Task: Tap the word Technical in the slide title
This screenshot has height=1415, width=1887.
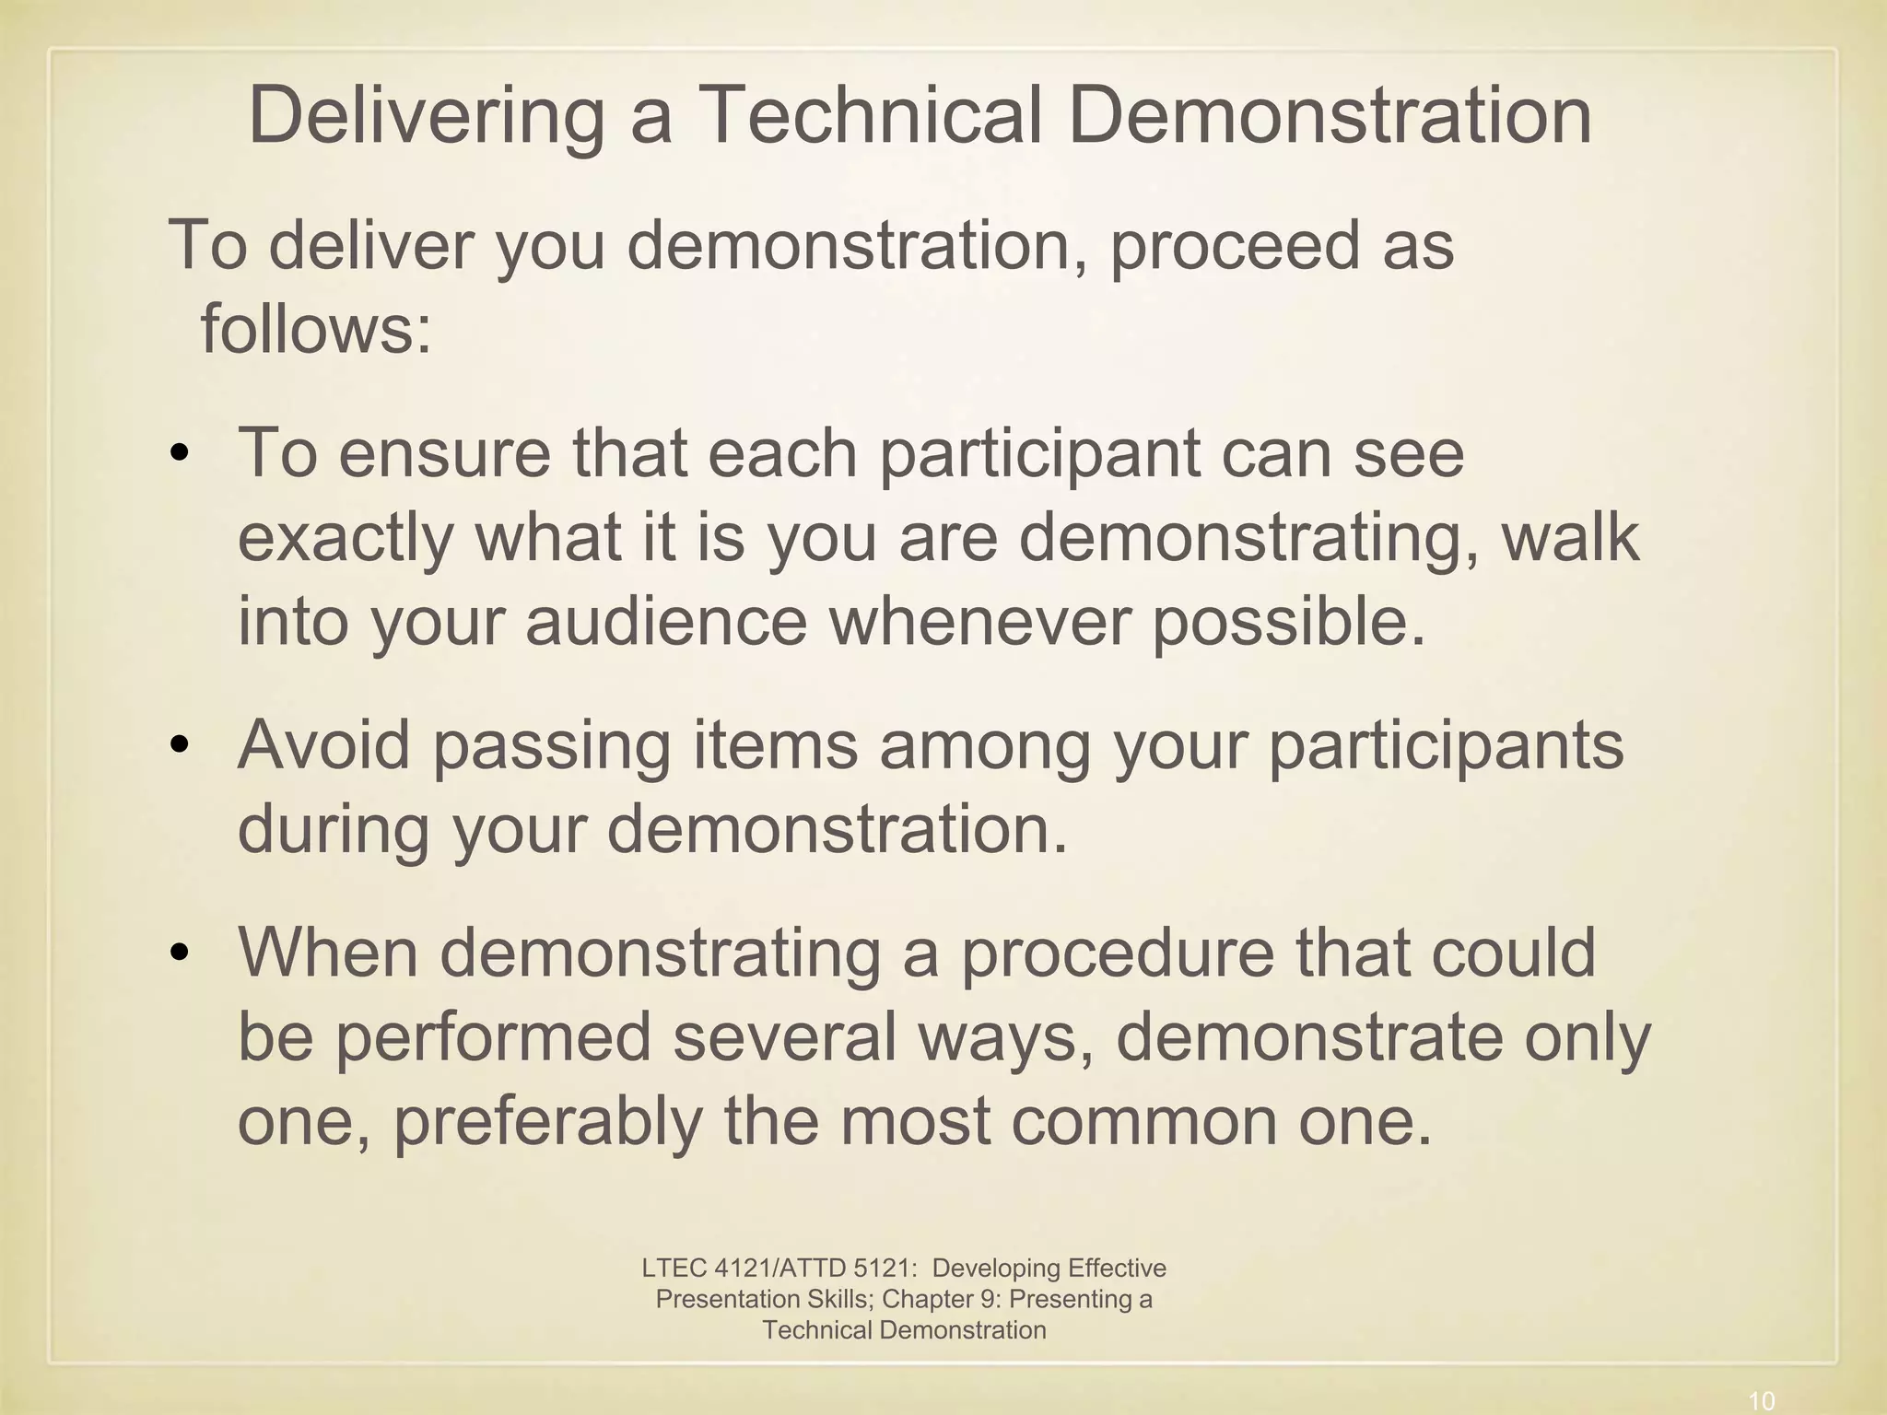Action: click(871, 116)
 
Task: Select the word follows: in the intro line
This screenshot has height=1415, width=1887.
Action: click(316, 329)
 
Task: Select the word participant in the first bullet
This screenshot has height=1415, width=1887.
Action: click(1039, 454)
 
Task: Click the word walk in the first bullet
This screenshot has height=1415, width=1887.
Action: click(1571, 538)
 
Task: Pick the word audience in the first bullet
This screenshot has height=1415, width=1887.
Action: click(666, 622)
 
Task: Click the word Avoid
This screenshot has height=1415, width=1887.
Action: click(323, 744)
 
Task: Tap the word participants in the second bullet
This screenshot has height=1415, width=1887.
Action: click(1446, 744)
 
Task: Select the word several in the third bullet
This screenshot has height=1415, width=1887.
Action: click(784, 1036)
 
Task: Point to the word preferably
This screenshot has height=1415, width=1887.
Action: click(547, 1121)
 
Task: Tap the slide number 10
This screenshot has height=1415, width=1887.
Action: click(1761, 1401)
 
